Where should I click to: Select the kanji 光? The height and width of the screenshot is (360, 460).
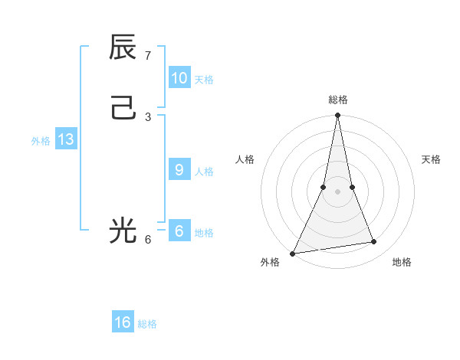123,230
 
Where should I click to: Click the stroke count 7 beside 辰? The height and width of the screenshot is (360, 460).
148,56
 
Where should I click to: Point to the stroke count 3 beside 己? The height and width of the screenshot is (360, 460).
148,116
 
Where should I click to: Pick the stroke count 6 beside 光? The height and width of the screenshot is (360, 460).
148,239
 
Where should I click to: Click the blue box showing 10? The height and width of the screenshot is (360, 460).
179,78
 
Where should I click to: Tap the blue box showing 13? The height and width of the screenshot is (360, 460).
66,139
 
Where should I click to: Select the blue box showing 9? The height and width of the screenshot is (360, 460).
179,170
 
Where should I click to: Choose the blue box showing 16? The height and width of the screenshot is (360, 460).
123,322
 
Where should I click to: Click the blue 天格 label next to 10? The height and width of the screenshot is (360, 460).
204,80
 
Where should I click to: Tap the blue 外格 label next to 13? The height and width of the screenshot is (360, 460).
41,141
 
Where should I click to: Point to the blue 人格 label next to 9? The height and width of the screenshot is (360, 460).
204,172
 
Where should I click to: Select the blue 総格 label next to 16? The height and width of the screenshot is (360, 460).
147,324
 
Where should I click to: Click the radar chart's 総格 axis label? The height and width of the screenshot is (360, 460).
337,100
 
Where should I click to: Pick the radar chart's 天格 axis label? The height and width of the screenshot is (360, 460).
431,159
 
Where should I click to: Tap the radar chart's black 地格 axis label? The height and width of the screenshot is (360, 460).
402,262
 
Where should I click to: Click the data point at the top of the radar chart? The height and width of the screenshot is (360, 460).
337,116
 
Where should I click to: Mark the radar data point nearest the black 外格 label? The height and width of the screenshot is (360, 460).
293,253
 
